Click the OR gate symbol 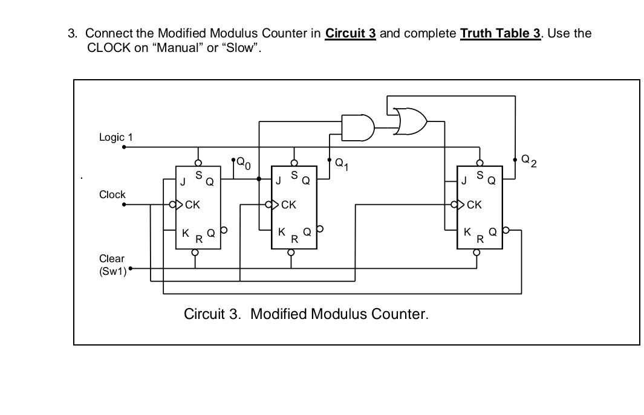point(410,121)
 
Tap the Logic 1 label point(115,138)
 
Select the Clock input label point(112,195)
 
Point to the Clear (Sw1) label point(112,265)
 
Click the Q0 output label point(243,162)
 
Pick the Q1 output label point(342,163)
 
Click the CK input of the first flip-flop point(192,205)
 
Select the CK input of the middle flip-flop point(288,205)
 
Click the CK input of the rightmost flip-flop point(474,205)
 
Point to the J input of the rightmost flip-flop point(464,181)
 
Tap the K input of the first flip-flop point(186,232)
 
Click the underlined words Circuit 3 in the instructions point(350,33)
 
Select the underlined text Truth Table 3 point(500,33)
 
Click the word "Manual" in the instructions point(177,48)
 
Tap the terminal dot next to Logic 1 point(124,147)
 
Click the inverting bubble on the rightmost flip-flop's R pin point(476,253)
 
